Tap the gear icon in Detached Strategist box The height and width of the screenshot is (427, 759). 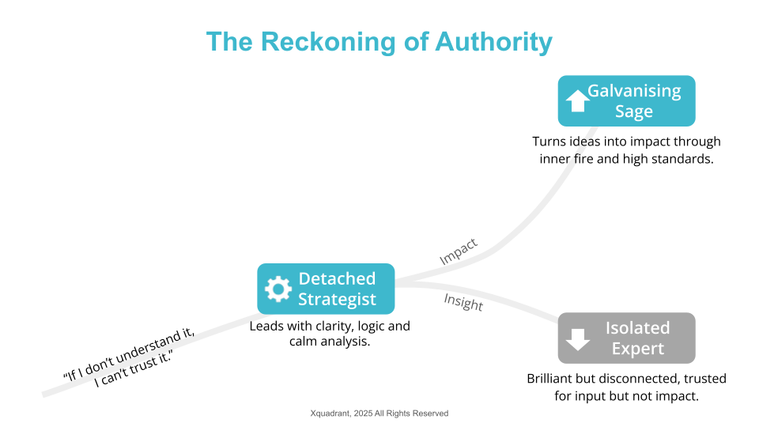pyautogui.click(x=278, y=289)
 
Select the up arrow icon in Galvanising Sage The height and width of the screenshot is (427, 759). pyautogui.click(x=578, y=101)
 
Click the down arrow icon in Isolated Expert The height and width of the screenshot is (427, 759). pyautogui.click(x=578, y=338)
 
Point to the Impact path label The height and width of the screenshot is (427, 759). pyautogui.click(x=459, y=251)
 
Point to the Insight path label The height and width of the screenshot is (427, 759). pyautogui.click(x=463, y=301)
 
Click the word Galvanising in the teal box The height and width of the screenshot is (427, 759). pyautogui.click(x=634, y=90)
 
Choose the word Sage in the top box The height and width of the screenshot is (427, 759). pyautogui.click(x=634, y=111)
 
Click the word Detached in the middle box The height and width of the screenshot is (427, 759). pyautogui.click(x=337, y=278)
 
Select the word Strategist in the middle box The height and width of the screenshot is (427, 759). pyautogui.click(x=337, y=300)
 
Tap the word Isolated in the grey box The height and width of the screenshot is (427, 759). pyautogui.click(x=637, y=327)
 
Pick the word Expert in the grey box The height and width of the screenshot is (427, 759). pyautogui.click(x=637, y=349)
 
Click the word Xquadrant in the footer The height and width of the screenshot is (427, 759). pyautogui.click(x=330, y=414)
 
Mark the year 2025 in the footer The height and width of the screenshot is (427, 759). pyautogui.click(x=366, y=414)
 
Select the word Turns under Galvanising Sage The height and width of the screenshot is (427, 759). pyautogui.click(x=549, y=142)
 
